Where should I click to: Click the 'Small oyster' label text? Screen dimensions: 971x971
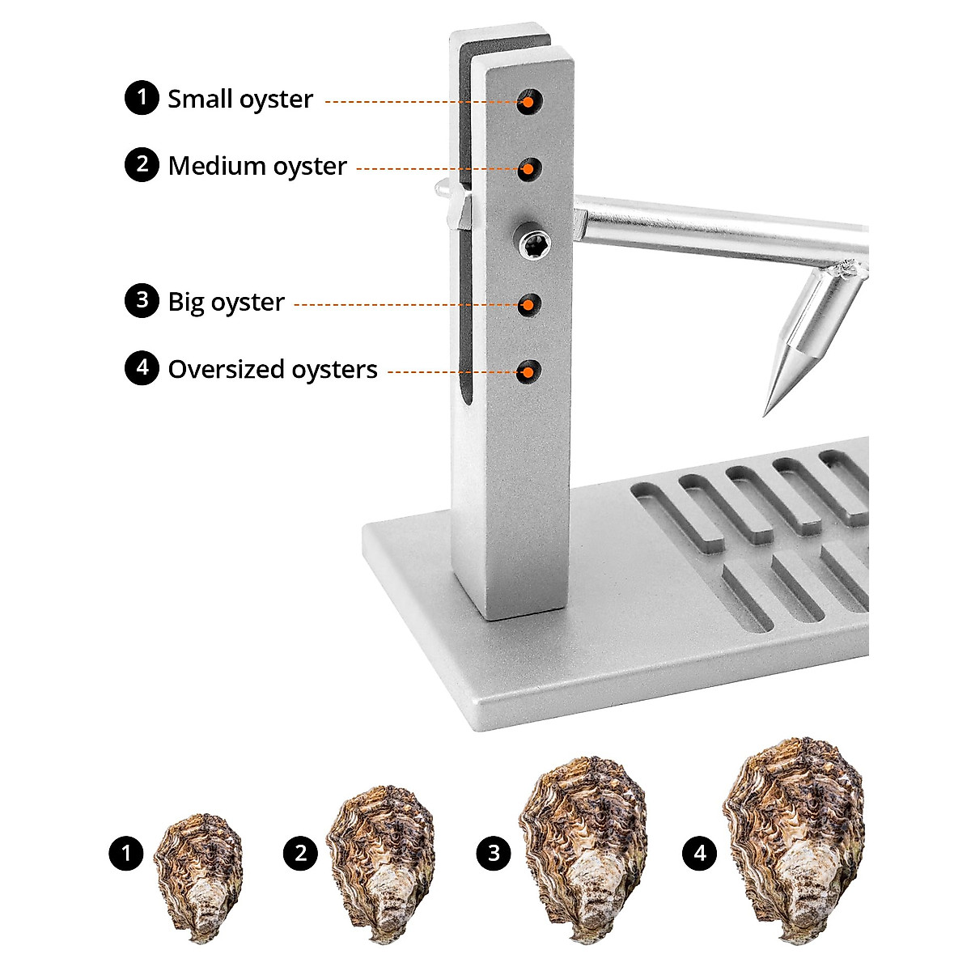pos(240,100)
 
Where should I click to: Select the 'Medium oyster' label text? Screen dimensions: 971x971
pos(257,166)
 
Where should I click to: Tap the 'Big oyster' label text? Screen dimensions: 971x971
pos(226,302)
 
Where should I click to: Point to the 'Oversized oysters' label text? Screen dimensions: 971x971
pos(273,370)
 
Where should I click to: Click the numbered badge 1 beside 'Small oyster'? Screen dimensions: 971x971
pos(142,98)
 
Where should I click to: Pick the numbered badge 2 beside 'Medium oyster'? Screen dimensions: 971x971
pos(142,164)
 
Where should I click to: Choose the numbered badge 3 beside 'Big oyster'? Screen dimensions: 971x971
pos(142,300)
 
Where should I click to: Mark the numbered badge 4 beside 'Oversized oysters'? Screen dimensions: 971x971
pos(142,368)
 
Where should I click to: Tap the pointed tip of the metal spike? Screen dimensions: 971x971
pos(766,412)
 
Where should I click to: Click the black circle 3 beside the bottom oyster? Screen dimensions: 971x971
pos(494,853)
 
